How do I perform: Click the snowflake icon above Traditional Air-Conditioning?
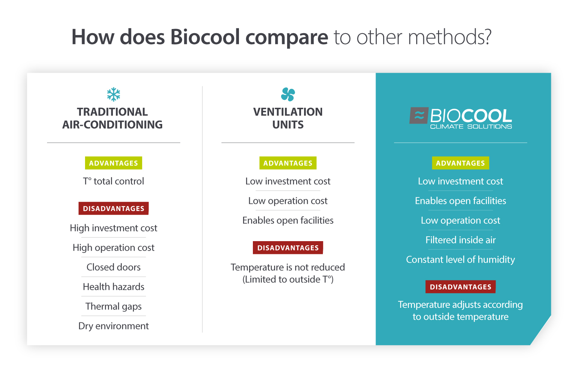pos(113,94)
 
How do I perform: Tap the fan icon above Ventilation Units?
pos(288,94)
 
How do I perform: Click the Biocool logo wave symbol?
pos(419,116)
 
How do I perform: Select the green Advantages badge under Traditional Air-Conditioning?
pos(113,163)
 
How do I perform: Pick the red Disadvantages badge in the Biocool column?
pos(460,287)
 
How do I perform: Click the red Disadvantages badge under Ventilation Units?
pos(288,248)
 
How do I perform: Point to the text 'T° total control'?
pos(113,181)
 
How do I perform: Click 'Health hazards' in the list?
pos(113,287)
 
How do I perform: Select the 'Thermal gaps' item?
pos(113,306)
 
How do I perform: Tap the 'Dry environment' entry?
pos(113,326)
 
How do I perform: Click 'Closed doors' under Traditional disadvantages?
pos(113,267)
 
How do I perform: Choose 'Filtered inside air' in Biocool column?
pos(460,240)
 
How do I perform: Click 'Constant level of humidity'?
pos(460,260)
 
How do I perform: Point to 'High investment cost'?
pos(113,228)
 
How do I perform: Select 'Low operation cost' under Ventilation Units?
pos(288,201)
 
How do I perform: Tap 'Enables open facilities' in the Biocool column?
pos(460,201)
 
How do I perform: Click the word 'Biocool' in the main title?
pos(205,37)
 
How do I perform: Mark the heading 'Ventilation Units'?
pos(288,118)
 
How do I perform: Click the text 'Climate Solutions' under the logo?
pos(471,127)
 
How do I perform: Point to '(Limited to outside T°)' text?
pos(288,279)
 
